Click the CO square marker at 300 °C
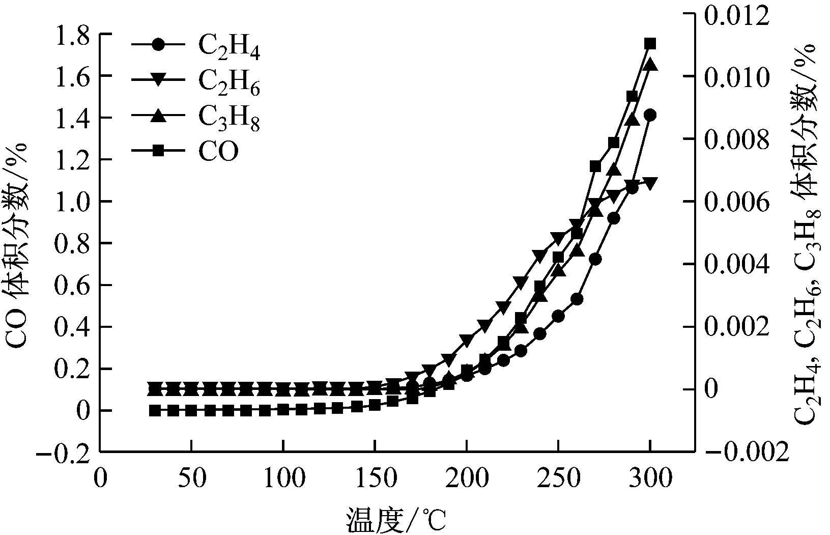(650, 44)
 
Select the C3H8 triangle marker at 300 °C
(650, 65)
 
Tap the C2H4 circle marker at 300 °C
(650, 115)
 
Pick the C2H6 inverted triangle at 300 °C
(650, 182)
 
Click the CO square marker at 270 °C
(595, 166)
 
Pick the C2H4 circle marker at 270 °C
(595, 259)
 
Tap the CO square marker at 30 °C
(154, 410)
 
